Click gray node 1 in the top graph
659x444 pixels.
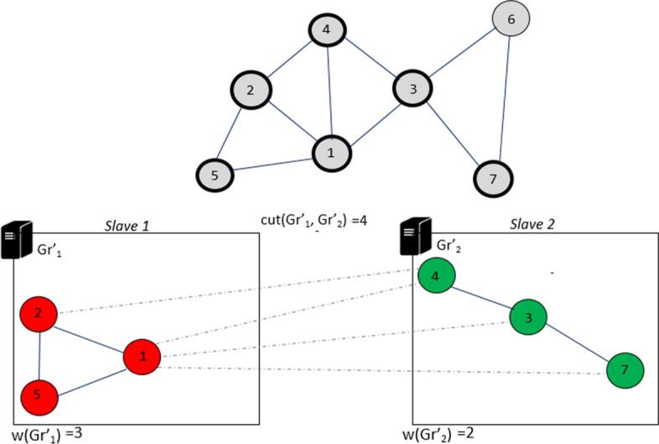point(330,152)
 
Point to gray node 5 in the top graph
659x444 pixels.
point(215,175)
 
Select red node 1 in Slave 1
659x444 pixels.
point(143,357)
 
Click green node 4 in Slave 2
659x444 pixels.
point(433,276)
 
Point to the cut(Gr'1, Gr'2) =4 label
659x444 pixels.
point(314,222)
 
